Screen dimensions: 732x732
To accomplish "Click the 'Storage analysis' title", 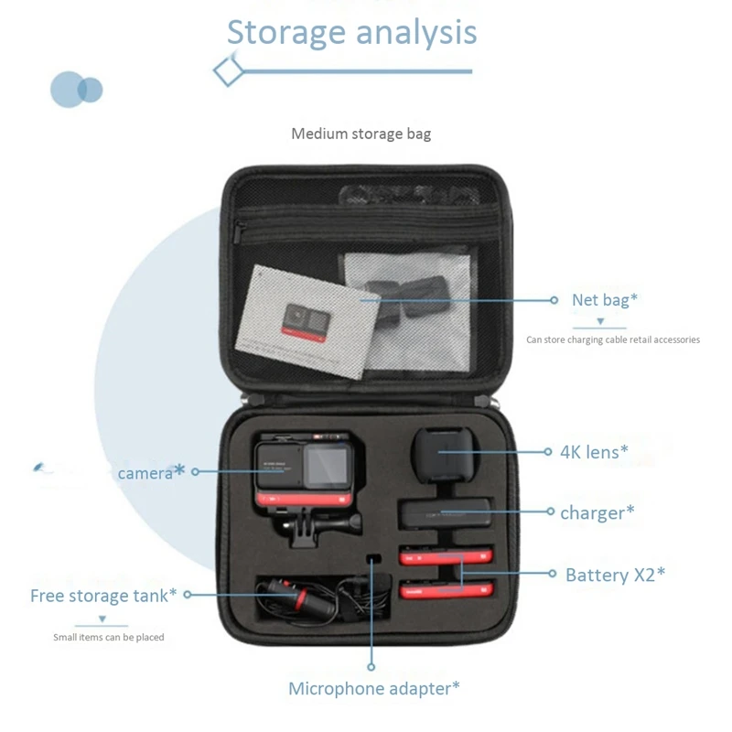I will pyautogui.click(x=351, y=32).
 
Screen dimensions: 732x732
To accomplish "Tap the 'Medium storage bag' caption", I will pyautogui.click(x=361, y=134).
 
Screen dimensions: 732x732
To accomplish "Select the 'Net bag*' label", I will pyautogui.click(x=604, y=300).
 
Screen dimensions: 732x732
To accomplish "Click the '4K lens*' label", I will pyautogui.click(x=594, y=451).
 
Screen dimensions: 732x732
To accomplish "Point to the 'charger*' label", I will pyautogui.click(x=597, y=512).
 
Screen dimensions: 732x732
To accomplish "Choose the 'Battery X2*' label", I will pyautogui.click(x=615, y=575).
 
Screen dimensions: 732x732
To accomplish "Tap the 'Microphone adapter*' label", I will pyautogui.click(x=373, y=689).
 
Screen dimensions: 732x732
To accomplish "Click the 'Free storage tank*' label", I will pyautogui.click(x=103, y=596).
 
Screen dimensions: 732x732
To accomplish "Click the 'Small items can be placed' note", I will pyautogui.click(x=109, y=637).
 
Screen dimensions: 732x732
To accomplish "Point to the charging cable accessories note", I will pyautogui.click(x=612, y=339).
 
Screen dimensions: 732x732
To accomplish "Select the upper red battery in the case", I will pyautogui.click(x=446, y=555).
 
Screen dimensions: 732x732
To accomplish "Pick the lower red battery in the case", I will pyautogui.click(x=446, y=588).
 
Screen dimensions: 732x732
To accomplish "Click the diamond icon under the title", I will pyautogui.click(x=229, y=70).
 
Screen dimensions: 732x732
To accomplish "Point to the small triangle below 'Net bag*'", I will pyautogui.click(x=600, y=321).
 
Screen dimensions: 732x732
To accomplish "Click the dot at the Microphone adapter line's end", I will pyautogui.click(x=372, y=667).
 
